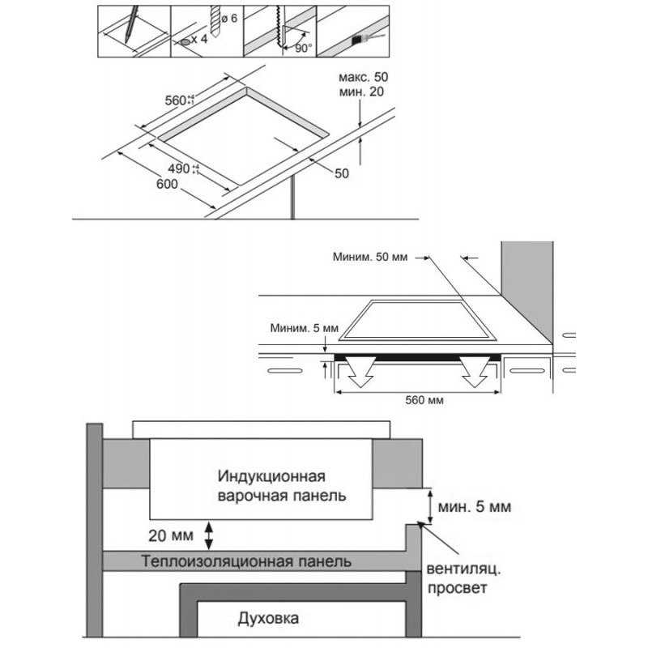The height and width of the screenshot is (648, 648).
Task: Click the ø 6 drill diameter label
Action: pyautogui.click(x=229, y=18)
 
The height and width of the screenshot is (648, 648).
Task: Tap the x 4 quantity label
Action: pyautogui.click(x=199, y=39)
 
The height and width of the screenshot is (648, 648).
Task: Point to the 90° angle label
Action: pyautogui.click(x=304, y=48)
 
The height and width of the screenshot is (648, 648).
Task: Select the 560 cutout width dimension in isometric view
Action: pyautogui.click(x=179, y=100)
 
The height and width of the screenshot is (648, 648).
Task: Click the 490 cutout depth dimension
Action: pyautogui.click(x=184, y=168)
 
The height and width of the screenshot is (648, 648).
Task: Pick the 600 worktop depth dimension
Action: pyautogui.click(x=167, y=184)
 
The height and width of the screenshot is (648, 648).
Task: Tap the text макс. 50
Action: pyautogui.click(x=363, y=77)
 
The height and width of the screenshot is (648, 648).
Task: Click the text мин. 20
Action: pyautogui.click(x=361, y=92)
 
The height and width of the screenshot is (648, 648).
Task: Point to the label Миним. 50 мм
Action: pyautogui.click(x=370, y=257)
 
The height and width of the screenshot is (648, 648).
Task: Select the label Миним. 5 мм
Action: pyautogui.click(x=305, y=328)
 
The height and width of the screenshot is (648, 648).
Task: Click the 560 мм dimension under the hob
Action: pyautogui.click(x=424, y=400)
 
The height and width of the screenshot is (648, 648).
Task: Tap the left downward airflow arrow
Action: pyautogui.click(x=360, y=372)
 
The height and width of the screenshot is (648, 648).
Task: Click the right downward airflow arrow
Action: pyautogui.click(x=475, y=372)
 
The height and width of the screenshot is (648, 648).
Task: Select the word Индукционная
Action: pyautogui.click(x=271, y=476)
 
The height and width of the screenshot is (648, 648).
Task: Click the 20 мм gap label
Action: pyautogui.click(x=171, y=535)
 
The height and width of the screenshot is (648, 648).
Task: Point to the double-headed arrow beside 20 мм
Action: pyautogui.click(x=209, y=535)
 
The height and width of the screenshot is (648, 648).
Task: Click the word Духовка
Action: pyautogui.click(x=268, y=619)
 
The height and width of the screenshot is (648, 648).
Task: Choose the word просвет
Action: pyautogui.click(x=457, y=588)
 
